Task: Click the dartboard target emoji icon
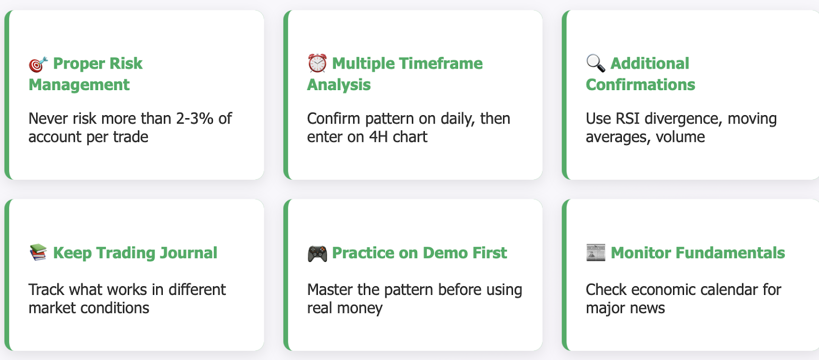coord(38,64)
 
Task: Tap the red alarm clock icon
coord(317,63)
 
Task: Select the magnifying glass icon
coord(596,63)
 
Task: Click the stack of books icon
coord(38,252)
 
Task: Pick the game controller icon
coord(317,253)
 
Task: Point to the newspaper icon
coord(596,252)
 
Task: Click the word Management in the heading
coord(79,85)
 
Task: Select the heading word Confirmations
coord(640,85)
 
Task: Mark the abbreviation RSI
coord(628,118)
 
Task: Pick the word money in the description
coord(360,308)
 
